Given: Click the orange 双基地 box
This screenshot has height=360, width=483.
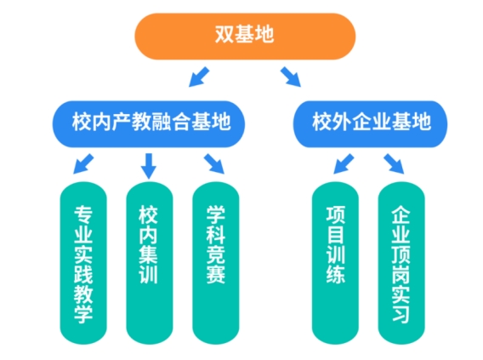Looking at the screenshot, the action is pyautogui.click(x=245, y=36).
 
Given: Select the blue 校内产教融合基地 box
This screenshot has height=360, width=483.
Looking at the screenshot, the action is pyautogui.click(x=149, y=124).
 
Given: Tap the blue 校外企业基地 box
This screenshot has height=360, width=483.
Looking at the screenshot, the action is pyautogui.click(x=370, y=124).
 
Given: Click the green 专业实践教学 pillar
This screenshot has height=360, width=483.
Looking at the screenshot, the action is pyautogui.click(x=83, y=263).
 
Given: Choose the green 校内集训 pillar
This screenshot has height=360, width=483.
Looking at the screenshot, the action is pyautogui.click(x=150, y=263).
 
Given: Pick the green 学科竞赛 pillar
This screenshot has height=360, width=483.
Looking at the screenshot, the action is pyautogui.click(x=216, y=263).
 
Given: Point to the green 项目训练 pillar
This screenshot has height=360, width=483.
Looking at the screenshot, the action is pyautogui.click(x=335, y=263).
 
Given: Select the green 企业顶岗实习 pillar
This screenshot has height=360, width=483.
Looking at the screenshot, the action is pyautogui.click(x=401, y=263).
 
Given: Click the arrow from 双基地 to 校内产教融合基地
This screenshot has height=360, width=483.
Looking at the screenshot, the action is pyautogui.click(x=199, y=77).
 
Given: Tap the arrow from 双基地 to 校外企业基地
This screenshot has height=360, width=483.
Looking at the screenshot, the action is pyautogui.click(x=291, y=77).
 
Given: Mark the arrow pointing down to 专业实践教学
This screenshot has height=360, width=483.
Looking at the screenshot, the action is pyautogui.click(x=83, y=163).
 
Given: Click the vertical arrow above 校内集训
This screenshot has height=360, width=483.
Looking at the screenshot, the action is pyautogui.click(x=149, y=166).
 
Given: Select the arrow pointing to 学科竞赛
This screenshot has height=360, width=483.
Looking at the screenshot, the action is pyautogui.click(x=214, y=164).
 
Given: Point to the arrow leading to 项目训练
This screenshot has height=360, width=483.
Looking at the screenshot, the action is pyautogui.click(x=344, y=163).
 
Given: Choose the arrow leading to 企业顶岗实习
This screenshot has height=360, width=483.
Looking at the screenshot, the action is pyautogui.click(x=394, y=164).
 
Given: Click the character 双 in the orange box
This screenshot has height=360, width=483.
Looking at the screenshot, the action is pyautogui.click(x=224, y=34).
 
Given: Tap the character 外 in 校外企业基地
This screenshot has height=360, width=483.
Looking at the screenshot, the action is pyautogui.click(x=342, y=122).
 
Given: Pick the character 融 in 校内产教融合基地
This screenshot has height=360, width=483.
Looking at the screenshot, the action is pyautogui.click(x=161, y=122).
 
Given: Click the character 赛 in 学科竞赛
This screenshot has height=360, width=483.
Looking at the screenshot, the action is pyautogui.click(x=216, y=274).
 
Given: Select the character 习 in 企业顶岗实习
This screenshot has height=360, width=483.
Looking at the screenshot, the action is pyautogui.click(x=401, y=314).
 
